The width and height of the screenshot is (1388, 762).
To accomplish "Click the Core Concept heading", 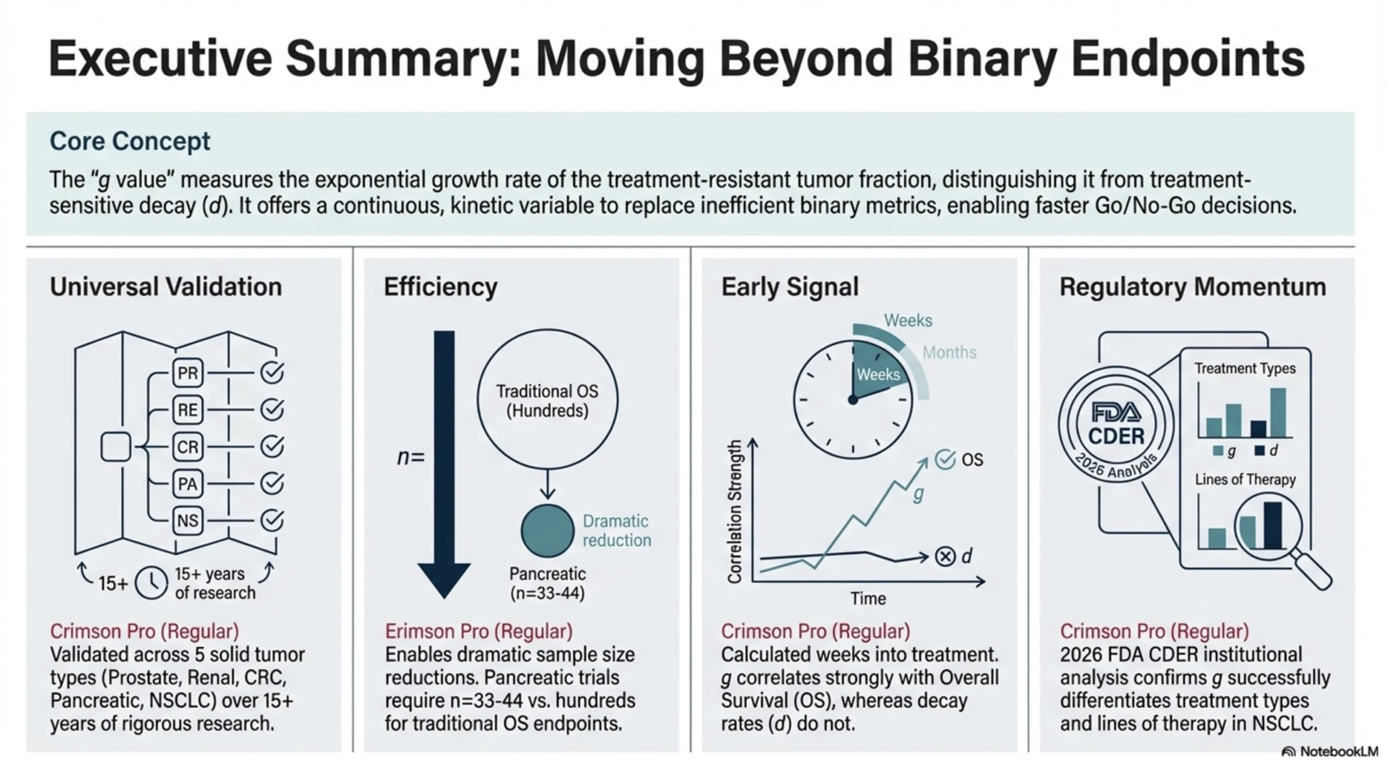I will point(130,141).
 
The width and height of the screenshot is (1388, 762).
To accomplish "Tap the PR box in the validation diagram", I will point(188,373).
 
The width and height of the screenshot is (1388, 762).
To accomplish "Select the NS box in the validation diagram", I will point(188,521).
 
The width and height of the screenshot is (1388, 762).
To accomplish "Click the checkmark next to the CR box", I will point(272,447).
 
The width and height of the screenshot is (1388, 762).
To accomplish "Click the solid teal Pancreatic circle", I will point(547,530).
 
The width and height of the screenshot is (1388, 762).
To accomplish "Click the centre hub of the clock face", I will point(852,400).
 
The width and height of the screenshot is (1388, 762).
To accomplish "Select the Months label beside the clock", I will point(949,353).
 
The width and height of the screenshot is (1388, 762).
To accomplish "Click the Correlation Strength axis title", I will point(734,512).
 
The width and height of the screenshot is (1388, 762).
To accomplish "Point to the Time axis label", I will point(868,599).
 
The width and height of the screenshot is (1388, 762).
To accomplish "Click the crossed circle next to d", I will point(945,556).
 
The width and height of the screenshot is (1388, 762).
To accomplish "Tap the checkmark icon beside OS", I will point(945,459).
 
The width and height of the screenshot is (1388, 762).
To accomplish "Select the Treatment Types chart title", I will point(1245,369).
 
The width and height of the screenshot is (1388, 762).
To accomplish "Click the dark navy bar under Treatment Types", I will point(1258,429).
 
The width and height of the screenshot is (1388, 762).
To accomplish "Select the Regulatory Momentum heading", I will point(1192,287).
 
